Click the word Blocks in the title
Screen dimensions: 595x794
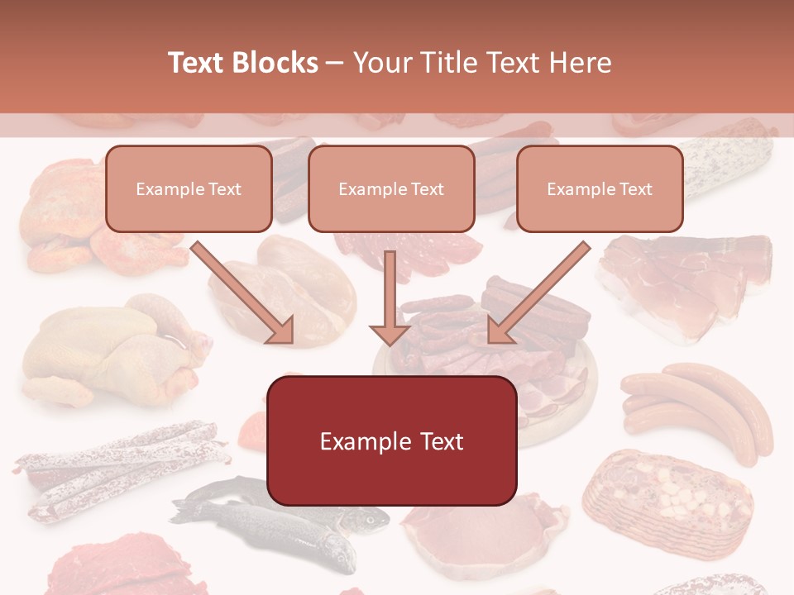276,63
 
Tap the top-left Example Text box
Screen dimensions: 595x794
189,189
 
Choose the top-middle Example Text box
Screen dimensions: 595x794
391,189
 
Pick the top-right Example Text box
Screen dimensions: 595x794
600,189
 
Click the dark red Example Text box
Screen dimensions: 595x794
391,441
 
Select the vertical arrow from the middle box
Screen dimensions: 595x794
390,297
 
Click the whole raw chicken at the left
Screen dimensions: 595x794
108,347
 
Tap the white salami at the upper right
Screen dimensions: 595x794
728,161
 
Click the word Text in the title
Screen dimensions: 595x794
198,63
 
